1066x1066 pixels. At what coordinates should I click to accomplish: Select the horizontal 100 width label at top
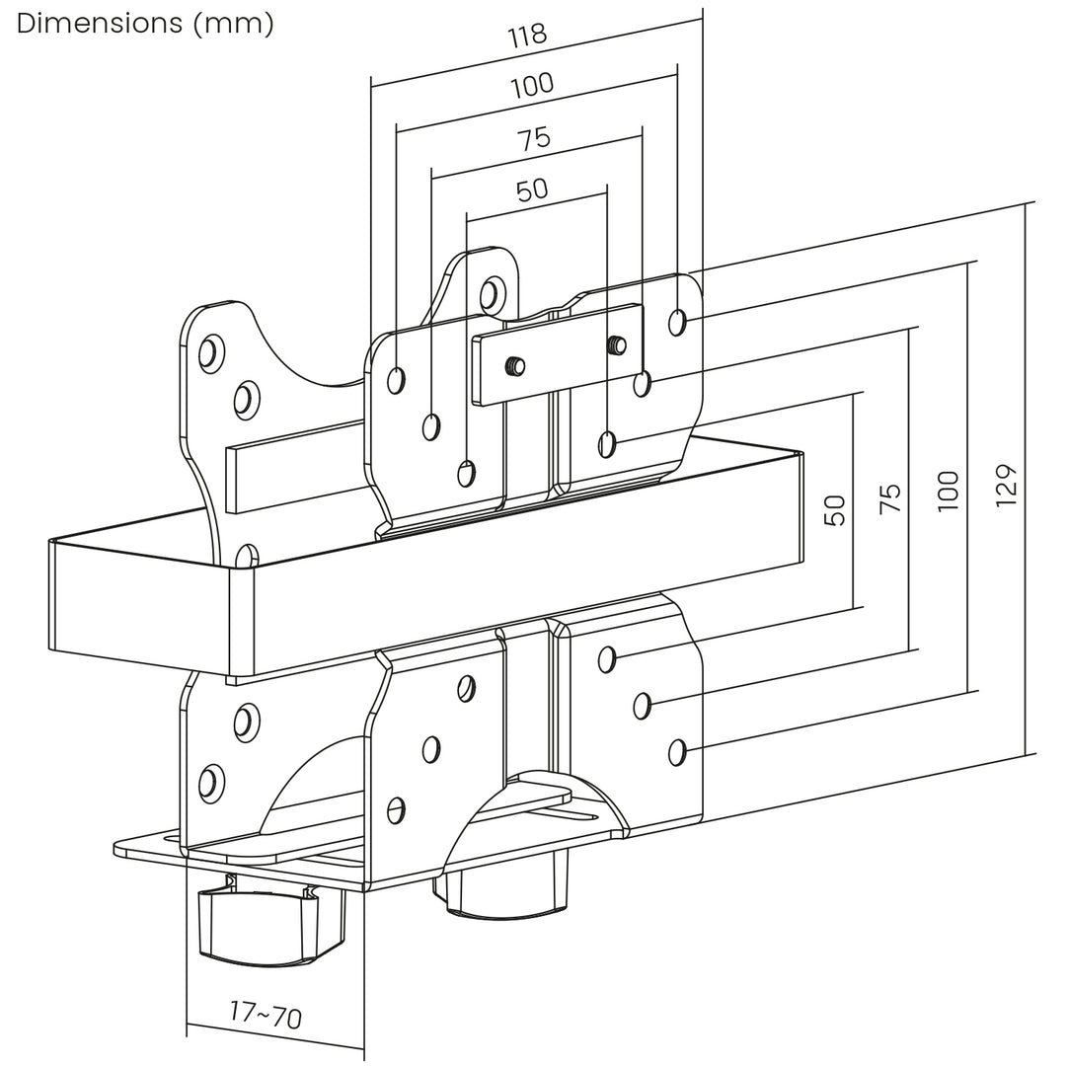coord(533,86)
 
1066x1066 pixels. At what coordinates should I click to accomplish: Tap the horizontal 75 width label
coord(534,138)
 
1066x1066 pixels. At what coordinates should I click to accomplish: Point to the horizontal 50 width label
coord(532,190)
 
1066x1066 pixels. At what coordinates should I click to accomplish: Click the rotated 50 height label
coord(835,509)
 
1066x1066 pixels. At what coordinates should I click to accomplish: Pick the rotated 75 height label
coord(889,496)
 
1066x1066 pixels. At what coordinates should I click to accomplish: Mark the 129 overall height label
coord(1006,485)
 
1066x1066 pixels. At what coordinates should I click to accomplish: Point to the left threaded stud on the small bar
coord(514,366)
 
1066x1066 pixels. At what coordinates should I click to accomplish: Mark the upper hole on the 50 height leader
coord(608,443)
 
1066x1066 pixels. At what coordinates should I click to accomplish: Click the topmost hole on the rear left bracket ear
coord(207,352)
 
